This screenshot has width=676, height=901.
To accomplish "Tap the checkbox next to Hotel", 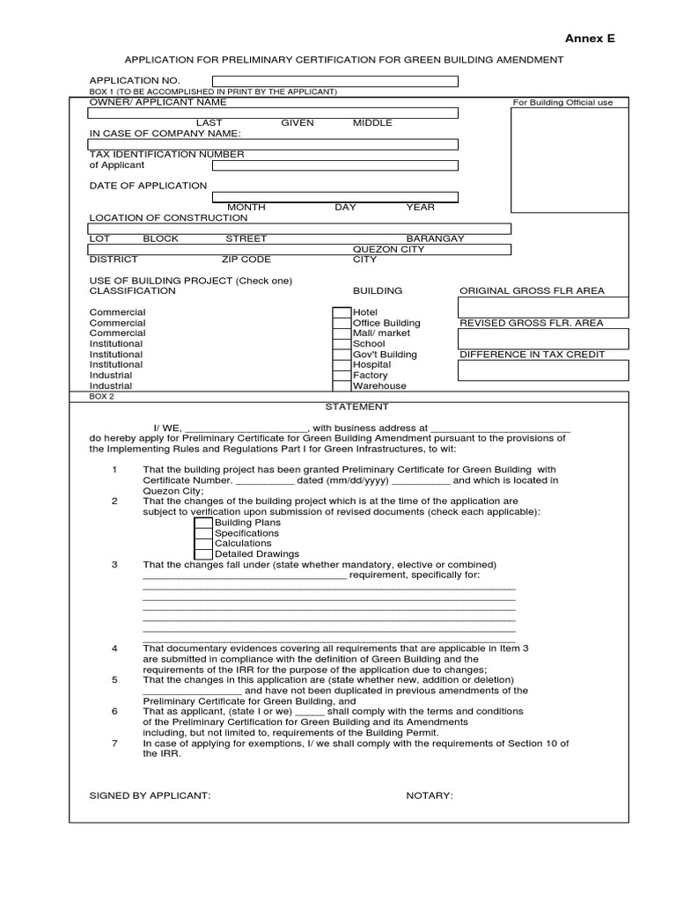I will point(342,312).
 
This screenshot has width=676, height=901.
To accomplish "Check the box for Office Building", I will point(342,323).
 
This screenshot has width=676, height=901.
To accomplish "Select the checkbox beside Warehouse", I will point(342,385).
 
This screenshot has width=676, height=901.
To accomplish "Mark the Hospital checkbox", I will point(342,364).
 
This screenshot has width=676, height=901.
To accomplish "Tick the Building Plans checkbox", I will point(203,523).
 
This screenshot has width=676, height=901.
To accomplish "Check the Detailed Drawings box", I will point(203,554).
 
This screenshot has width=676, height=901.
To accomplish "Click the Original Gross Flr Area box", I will point(543,307).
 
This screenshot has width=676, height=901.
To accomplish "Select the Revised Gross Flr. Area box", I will point(543,339).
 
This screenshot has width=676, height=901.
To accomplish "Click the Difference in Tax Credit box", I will point(543,370).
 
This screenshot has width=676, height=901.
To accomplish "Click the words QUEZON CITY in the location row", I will point(388,249).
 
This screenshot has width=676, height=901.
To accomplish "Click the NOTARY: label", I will point(429,795).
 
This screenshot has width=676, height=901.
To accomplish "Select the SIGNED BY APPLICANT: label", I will point(150,795).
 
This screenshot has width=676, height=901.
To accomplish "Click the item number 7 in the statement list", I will point(114,744).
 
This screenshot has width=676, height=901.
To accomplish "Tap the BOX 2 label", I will point(102,397).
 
